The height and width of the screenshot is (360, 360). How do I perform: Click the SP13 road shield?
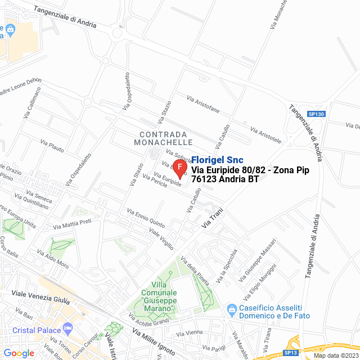(x=290, y=353)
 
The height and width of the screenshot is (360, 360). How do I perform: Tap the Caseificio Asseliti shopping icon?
(x=231, y=309)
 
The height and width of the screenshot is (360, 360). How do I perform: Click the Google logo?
(x=19, y=353)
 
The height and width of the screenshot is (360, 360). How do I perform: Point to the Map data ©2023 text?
(x=335, y=355)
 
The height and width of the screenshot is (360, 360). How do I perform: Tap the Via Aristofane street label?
(x=203, y=104)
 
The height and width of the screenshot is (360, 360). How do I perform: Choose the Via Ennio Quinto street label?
(x=146, y=219)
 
